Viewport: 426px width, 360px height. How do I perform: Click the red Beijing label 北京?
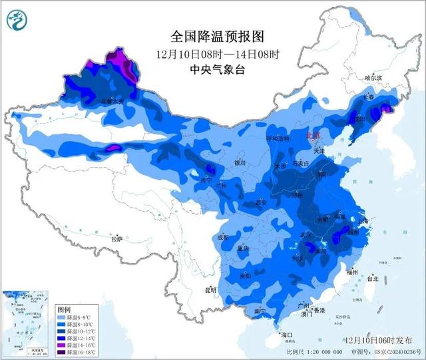coord(313,135)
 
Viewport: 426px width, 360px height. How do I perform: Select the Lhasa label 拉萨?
coord(117,238)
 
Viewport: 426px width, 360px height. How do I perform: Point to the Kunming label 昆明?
coord(211,289)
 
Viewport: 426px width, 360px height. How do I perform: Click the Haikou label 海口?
coord(287,334)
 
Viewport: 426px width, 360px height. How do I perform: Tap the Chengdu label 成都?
coord(222,237)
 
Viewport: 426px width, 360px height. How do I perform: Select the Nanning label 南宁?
coord(258,311)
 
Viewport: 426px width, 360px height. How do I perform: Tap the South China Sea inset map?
coord(27,323)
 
